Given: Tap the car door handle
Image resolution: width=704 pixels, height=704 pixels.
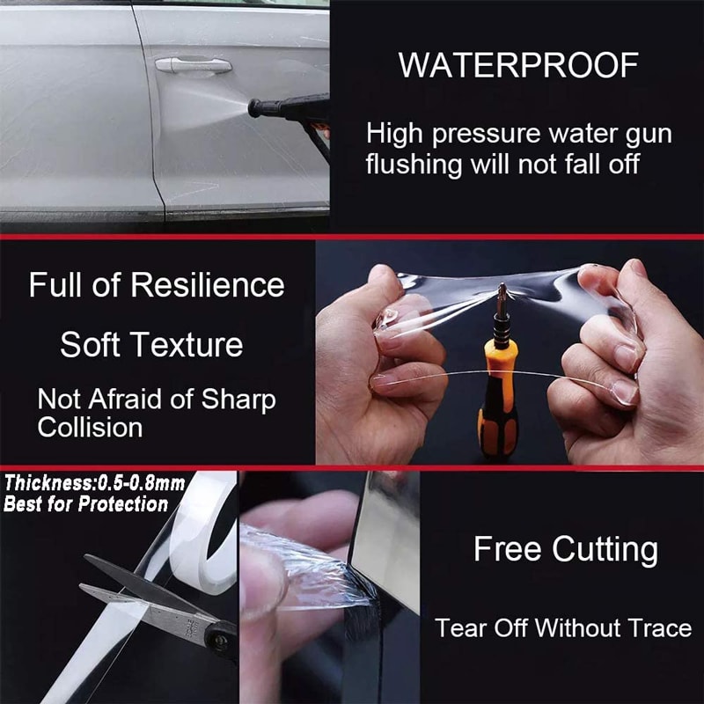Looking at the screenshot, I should pyautogui.click(x=193, y=65).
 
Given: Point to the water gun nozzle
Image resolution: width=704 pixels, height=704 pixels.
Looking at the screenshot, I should pyautogui.click(x=257, y=108).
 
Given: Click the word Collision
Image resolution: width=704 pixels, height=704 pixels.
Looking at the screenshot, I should pyautogui.click(x=90, y=428).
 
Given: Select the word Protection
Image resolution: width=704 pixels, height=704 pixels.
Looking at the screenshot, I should pyautogui.click(x=122, y=504).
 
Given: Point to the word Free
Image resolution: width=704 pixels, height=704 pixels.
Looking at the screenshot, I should pyautogui.click(x=508, y=549).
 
